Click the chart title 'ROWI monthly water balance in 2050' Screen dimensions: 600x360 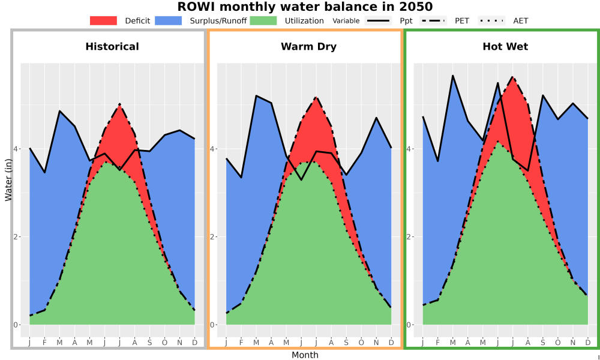pos(305,7)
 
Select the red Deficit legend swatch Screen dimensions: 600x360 pos(103,20)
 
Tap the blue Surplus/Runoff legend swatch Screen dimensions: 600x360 pos(169,20)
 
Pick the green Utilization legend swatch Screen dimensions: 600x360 pos(263,20)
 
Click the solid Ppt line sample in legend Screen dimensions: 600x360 pos(378,20)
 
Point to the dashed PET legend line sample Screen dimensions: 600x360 pos(433,20)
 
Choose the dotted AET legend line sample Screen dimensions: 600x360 pos(491,20)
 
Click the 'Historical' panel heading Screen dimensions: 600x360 pos(112,47)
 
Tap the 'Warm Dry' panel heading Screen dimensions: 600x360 pos(309,47)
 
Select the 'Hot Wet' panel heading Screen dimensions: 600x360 pos(505,47)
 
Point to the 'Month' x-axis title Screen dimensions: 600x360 pos(305,355)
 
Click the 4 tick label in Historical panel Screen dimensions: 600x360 pos(16,148)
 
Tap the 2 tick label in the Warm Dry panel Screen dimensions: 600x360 pos(212,236)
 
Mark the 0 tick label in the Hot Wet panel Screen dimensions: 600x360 pos(409,325)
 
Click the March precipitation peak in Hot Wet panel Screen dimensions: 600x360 pos(452,76)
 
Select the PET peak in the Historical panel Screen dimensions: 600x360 pos(120,104)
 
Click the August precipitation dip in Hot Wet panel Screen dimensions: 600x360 pos(527,170)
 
